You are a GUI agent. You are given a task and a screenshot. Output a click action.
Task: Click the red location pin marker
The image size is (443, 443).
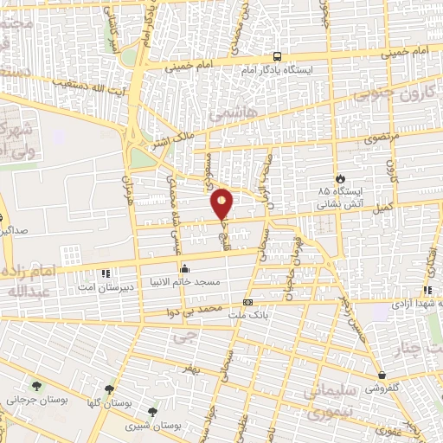tap(222, 204)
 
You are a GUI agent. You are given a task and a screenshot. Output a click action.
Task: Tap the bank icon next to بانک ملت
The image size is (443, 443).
tap(248, 303)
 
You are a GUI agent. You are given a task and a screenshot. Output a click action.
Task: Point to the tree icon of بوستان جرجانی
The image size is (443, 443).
tap(35, 386)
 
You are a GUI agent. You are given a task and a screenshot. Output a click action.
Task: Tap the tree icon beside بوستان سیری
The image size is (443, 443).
tap(153, 413)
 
